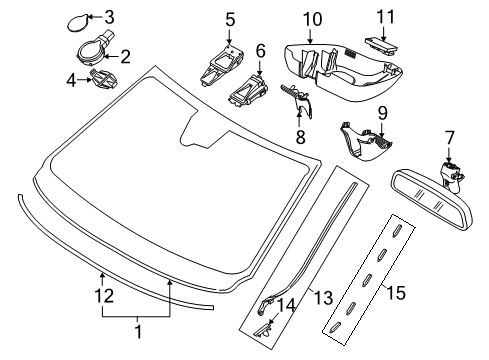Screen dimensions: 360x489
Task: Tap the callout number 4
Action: point(71,79)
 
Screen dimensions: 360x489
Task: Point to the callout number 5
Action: point(230,19)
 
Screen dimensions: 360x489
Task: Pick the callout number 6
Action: point(261,50)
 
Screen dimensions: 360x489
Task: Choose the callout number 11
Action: point(385,16)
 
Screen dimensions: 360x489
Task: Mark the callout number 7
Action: point(449,136)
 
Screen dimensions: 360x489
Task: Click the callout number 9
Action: point(381,113)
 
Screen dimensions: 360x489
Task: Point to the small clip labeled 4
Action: point(101,79)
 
